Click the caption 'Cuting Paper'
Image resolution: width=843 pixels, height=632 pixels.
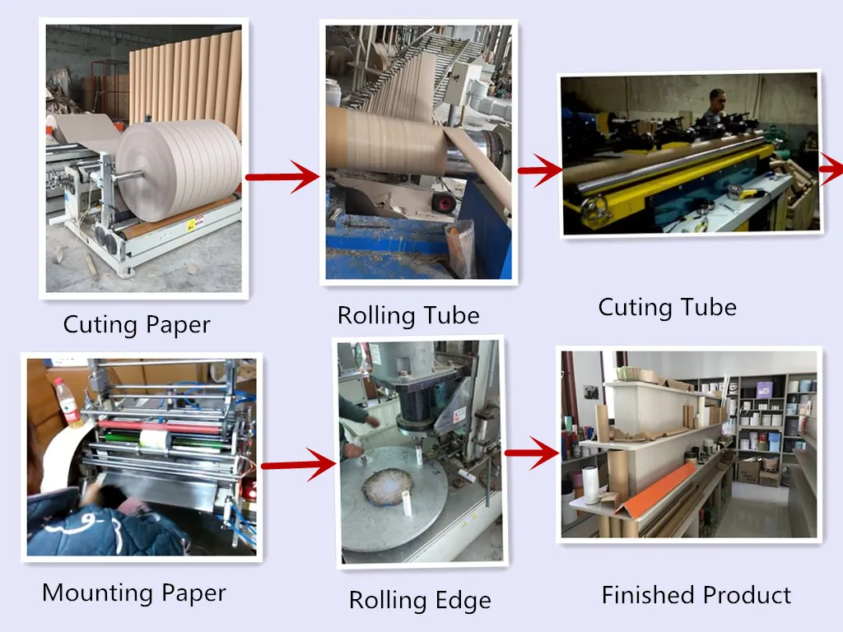137,324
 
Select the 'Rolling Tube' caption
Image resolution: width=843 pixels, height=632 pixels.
408,315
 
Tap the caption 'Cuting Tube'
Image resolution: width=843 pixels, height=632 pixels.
667,308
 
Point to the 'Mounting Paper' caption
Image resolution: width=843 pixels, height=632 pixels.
133,592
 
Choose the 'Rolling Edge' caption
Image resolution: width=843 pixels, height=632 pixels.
420,600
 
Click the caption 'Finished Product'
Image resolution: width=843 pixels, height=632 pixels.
696,595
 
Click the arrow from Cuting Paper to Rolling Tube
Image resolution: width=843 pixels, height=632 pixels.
282,175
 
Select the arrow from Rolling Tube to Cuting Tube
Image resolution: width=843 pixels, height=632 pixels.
539,170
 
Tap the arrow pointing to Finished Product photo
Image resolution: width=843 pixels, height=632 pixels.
531,452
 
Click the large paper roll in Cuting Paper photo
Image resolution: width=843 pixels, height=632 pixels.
177,169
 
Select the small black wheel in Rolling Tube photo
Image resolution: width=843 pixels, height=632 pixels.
445,201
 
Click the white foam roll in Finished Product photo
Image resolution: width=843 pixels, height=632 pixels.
589,483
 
